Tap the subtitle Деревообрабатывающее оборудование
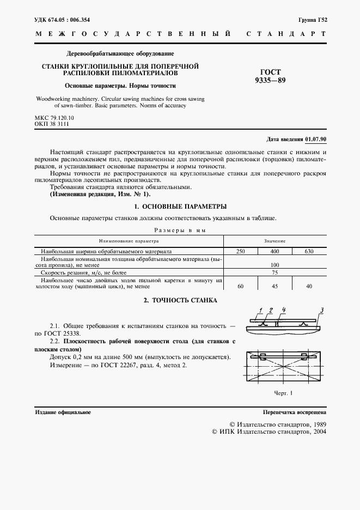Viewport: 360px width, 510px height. [x=120, y=54]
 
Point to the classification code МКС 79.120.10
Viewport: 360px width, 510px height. [x=54, y=118]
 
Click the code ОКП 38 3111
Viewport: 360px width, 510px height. [x=52, y=124]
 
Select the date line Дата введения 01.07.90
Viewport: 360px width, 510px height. [x=296, y=139]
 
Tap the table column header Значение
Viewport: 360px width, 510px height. [x=275, y=240]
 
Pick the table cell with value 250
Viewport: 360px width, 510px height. [x=240, y=252]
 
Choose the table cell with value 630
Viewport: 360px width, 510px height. [x=309, y=252]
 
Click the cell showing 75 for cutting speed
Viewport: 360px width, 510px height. [x=275, y=271]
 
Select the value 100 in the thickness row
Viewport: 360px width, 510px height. [x=275, y=264]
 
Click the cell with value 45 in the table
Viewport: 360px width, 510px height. [x=275, y=286]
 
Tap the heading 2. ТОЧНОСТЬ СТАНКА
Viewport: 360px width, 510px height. [x=180, y=300]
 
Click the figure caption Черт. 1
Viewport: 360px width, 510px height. [x=283, y=393]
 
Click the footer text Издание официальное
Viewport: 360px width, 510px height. [x=63, y=412]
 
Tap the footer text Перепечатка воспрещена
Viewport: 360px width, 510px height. [x=294, y=412]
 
